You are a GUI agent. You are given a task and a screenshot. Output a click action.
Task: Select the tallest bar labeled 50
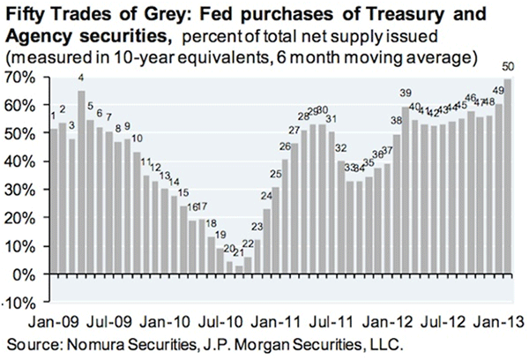[507, 176]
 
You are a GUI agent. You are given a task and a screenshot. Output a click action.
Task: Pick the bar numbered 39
[406, 191]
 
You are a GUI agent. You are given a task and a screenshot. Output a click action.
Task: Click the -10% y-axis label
[19, 304]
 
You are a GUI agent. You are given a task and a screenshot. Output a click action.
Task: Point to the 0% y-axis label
[25, 274]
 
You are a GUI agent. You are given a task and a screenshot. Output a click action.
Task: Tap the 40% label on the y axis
[23, 162]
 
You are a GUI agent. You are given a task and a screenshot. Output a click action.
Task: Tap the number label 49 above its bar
[497, 91]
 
